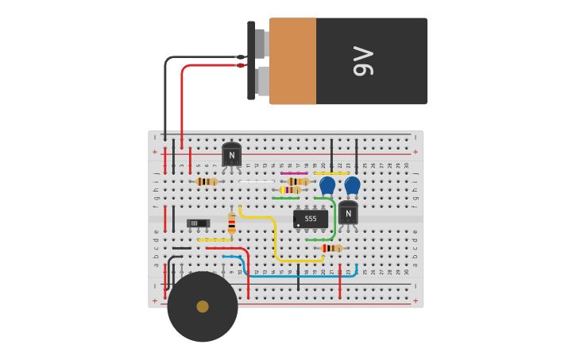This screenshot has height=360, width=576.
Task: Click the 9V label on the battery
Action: click(x=362, y=61)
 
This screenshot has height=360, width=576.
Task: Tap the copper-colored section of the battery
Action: click(x=292, y=61)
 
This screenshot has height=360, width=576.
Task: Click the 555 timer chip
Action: click(x=310, y=219)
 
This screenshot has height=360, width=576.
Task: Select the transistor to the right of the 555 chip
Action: click(x=348, y=213)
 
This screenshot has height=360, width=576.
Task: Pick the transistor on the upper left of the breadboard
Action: click(x=231, y=154)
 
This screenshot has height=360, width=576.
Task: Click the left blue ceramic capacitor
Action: click(x=327, y=185)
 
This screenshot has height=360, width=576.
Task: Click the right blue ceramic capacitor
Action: click(x=352, y=185)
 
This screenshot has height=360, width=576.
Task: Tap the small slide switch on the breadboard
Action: click(x=198, y=223)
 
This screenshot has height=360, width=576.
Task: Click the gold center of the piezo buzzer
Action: click(x=203, y=307)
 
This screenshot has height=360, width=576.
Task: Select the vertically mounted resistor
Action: click(x=232, y=222)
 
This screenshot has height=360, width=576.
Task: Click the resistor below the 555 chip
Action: click(x=331, y=248)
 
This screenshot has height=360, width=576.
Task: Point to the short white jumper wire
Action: click(x=256, y=182)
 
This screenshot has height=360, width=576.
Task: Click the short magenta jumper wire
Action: click(x=294, y=173)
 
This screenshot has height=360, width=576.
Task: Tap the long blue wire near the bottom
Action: click(x=302, y=276)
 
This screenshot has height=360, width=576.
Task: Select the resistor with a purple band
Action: click(x=289, y=190)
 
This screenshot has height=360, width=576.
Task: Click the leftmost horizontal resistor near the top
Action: click(x=207, y=182)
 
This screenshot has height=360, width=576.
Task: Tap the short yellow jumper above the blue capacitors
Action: click(x=331, y=173)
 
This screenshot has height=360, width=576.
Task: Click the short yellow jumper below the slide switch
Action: click(x=214, y=239)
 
